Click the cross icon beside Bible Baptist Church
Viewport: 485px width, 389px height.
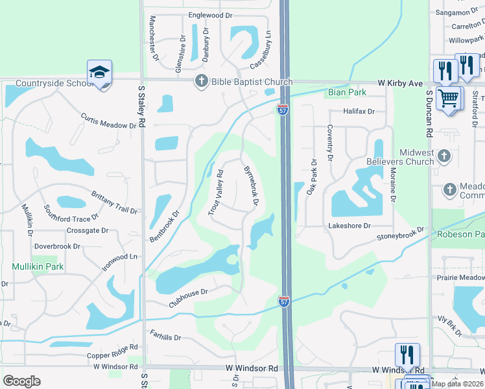(201, 82)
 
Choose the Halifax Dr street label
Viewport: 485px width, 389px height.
(359, 112)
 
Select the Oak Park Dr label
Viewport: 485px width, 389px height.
(312, 177)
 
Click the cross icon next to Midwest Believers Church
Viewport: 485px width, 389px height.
(444, 156)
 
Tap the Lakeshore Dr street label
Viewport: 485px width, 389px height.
(349, 226)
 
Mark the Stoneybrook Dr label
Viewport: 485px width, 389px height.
(400, 234)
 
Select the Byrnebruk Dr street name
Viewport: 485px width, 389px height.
(250, 186)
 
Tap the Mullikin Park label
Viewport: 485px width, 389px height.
(37, 266)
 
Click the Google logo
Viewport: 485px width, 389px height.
(21, 381)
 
